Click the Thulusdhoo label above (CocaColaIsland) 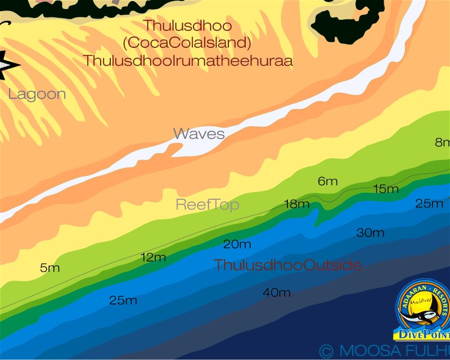(187, 25)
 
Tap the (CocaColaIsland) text (187, 43)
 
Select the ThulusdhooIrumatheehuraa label (188, 61)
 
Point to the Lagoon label (37, 94)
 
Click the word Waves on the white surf (199, 134)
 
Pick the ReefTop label (208, 205)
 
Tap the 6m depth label (327, 181)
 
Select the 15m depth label (386, 189)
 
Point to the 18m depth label (297, 204)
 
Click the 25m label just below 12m (123, 300)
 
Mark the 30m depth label (371, 233)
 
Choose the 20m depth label (237, 244)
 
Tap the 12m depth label (153, 258)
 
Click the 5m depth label (50, 268)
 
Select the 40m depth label (277, 292)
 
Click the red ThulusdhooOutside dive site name (287, 265)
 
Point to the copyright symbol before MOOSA (326, 351)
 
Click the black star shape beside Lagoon (7, 65)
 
